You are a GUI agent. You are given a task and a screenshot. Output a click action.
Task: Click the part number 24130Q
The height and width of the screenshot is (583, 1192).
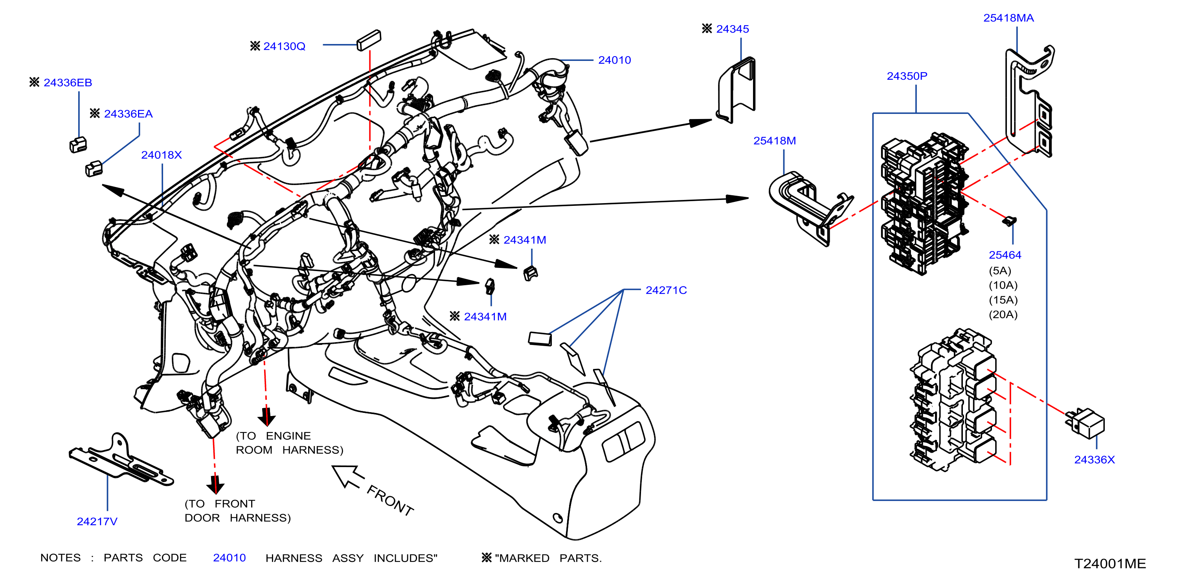284,46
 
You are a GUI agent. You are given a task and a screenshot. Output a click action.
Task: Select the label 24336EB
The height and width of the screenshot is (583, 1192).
68,82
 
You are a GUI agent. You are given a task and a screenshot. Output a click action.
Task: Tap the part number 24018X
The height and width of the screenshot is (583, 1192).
162,155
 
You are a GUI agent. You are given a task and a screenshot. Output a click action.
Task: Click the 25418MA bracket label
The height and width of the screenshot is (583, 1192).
1008,18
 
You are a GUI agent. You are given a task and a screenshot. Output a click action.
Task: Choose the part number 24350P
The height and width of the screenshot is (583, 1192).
907,76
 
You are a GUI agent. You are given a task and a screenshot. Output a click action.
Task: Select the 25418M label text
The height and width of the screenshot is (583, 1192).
775,141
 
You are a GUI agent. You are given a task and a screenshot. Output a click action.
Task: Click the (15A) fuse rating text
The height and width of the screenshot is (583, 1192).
1003,300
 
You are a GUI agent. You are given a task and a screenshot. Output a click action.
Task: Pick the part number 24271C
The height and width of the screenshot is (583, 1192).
666,290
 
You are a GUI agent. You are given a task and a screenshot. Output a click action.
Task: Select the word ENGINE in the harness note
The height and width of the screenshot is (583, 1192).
288,436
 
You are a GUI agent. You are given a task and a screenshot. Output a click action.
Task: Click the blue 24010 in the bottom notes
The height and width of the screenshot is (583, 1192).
230,558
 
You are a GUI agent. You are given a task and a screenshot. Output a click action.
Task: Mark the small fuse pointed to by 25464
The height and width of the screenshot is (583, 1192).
1009,221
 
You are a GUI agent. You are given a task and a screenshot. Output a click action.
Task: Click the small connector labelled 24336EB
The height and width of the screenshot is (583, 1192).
78,145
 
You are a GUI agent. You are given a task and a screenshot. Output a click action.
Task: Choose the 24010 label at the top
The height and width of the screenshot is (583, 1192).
615,60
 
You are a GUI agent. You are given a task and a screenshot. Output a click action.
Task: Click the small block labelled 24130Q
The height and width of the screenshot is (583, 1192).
369,40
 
